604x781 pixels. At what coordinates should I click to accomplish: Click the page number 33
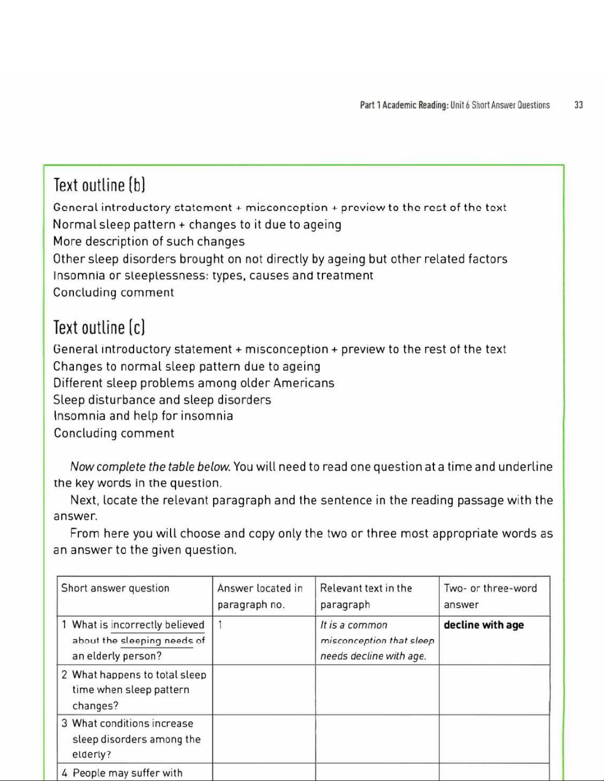(x=578, y=105)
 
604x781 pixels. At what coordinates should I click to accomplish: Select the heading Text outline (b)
(x=99, y=185)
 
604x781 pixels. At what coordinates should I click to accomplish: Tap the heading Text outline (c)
(x=99, y=327)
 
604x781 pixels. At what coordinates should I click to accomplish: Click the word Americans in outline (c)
(x=304, y=383)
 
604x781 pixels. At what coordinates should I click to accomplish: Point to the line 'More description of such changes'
(x=149, y=241)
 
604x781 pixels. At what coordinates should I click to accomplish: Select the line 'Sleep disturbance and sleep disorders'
(x=162, y=400)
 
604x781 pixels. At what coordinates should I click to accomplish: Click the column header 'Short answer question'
(x=115, y=588)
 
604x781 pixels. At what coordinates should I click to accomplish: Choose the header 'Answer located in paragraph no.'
(x=260, y=596)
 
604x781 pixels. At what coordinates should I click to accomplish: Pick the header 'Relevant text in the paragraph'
(x=366, y=596)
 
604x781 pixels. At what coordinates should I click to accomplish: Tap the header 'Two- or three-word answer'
(x=490, y=596)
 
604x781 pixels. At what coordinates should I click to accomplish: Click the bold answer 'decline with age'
(x=484, y=625)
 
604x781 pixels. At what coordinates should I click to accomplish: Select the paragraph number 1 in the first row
(x=220, y=625)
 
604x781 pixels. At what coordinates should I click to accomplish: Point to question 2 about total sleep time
(x=134, y=689)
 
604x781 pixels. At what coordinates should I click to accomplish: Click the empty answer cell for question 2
(x=494, y=690)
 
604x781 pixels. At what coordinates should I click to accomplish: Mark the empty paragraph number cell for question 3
(x=264, y=739)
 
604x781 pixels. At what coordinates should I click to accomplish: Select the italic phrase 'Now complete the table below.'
(x=150, y=466)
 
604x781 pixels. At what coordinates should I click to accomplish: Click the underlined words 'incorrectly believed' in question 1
(x=158, y=625)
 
